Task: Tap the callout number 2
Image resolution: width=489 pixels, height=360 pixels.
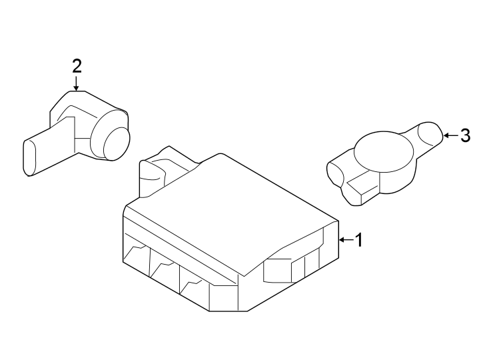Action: point(77,66)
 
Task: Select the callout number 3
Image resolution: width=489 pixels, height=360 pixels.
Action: point(465,136)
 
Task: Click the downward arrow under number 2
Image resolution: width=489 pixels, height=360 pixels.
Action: point(77,84)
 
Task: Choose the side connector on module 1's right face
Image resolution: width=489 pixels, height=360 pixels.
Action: point(279,271)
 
